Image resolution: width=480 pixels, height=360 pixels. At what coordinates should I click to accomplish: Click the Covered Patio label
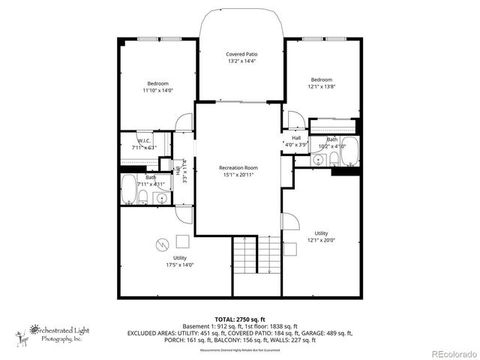(x=241, y=55)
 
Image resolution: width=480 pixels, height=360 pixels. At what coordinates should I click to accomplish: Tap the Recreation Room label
(x=238, y=167)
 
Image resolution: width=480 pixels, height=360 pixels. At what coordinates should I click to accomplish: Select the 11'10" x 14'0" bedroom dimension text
(x=157, y=90)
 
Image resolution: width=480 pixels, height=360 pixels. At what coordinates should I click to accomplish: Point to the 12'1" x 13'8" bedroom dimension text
(x=321, y=87)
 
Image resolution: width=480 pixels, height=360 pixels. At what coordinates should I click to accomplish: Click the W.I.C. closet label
(x=145, y=141)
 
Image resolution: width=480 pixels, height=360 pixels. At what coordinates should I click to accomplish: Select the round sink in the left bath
(x=160, y=198)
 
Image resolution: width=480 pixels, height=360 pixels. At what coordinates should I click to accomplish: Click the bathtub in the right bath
(x=350, y=154)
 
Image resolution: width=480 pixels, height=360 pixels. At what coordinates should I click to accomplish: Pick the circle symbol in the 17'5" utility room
(x=161, y=244)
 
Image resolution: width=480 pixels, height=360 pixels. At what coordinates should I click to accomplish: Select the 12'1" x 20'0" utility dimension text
(x=321, y=241)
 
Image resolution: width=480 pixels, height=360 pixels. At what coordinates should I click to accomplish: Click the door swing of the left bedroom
(x=183, y=123)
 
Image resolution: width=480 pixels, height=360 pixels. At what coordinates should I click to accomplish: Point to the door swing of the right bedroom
(x=295, y=120)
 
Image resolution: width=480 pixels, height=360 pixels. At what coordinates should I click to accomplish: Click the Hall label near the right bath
(x=296, y=138)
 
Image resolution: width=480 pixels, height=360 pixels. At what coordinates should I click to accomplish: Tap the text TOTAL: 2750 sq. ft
(x=239, y=319)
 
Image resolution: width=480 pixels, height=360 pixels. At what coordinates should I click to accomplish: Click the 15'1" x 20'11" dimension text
(x=238, y=175)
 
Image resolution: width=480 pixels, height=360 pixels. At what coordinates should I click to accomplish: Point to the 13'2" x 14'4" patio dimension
(x=241, y=62)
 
